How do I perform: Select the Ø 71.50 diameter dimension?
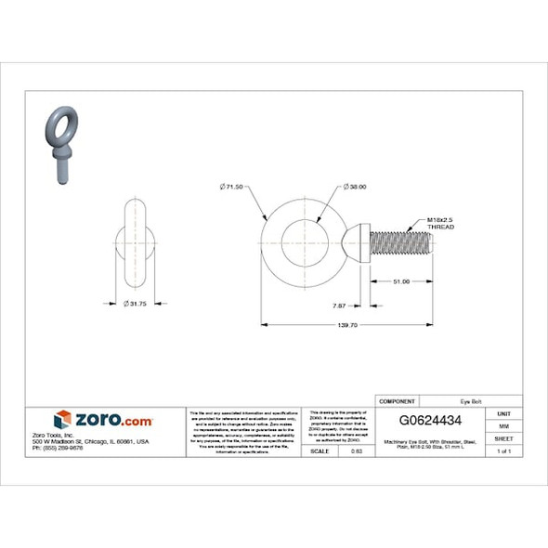pos(231,187)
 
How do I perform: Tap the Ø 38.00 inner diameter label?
pos(355,187)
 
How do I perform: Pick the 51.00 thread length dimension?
pos(401,281)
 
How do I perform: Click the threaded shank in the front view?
pos(400,245)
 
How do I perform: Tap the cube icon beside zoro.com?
pos(62,420)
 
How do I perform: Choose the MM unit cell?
pos(503,425)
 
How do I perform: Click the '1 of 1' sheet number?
pos(503,450)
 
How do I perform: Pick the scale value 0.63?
pos(357,450)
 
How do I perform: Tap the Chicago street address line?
pos(90,441)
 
